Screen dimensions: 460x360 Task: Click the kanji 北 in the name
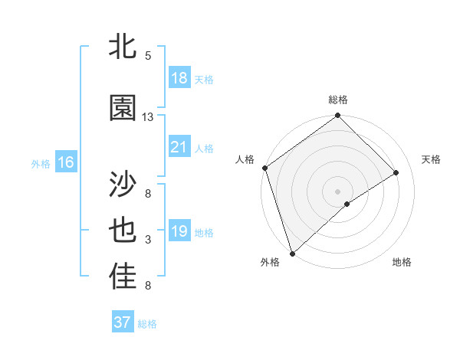click(123, 47)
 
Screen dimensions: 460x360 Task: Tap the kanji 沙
click(123, 185)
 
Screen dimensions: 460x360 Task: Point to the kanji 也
click(123, 231)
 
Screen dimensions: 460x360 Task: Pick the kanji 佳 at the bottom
click(123, 277)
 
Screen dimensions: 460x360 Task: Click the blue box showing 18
click(179, 78)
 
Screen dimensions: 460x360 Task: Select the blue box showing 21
click(179, 148)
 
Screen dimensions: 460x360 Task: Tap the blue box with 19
click(179, 232)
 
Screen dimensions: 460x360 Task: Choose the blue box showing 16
click(66, 162)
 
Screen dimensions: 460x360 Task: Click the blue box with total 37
click(123, 322)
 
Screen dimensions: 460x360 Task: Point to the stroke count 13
click(148, 117)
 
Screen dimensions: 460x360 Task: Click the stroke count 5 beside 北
click(148, 56)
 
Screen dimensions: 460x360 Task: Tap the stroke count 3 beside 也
click(148, 240)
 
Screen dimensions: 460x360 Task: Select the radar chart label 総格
click(337, 100)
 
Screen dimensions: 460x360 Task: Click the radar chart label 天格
click(432, 159)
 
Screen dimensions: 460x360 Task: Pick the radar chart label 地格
click(402, 262)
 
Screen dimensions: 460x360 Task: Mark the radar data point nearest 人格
click(264, 168)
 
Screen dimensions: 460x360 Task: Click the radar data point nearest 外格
click(292, 253)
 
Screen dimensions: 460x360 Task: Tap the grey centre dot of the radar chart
click(337, 191)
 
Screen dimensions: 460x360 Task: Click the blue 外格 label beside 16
click(41, 163)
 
